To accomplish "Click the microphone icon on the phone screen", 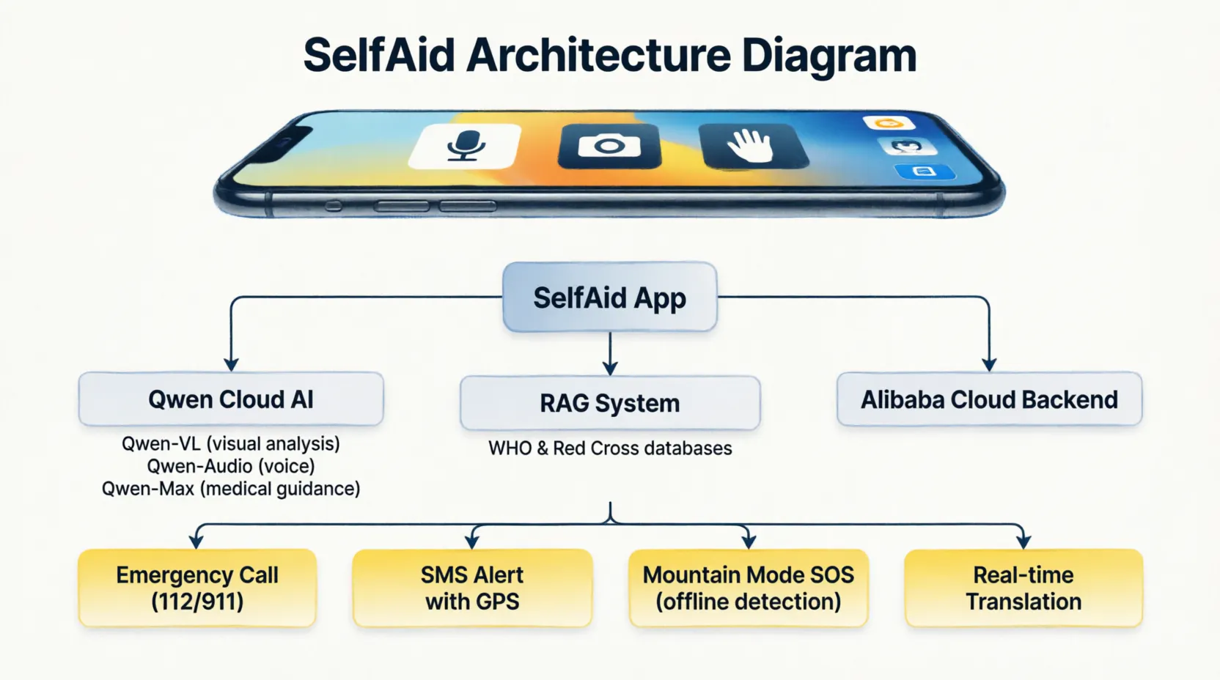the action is pyautogui.click(x=465, y=145).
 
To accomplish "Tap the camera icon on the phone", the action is pyautogui.click(x=609, y=145).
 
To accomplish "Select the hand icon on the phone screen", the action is pyautogui.click(x=752, y=145).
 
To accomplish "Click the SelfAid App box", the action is pyautogui.click(x=609, y=297).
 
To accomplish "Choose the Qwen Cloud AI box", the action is pyautogui.click(x=231, y=399).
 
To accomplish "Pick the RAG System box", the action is pyautogui.click(x=610, y=403).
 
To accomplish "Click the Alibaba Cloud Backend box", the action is pyautogui.click(x=989, y=399).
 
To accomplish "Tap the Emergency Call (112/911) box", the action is pyautogui.click(x=197, y=588).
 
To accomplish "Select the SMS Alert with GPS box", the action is pyautogui.click(x=472, y=588).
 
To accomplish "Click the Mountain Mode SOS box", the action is pyautogui.click(x=749, y=588).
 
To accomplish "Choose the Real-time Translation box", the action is pyautogui.click(x=1024, y=588).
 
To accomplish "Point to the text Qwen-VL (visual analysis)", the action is pyautogui.click(x=231, y=444).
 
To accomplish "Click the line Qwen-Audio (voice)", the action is pyautogui.click(x=231, y=466).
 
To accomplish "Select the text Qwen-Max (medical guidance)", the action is pyautogui.click(x=231, y=488).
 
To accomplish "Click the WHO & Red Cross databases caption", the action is pyautogui.click(x=610, y=448).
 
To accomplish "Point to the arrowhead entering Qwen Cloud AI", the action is pyautogui.click(x=232, y=364).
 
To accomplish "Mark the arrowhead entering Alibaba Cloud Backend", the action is pyautogui.click(x=989, y=364).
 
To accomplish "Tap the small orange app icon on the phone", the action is pyautogui.click(x=889, y=123).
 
